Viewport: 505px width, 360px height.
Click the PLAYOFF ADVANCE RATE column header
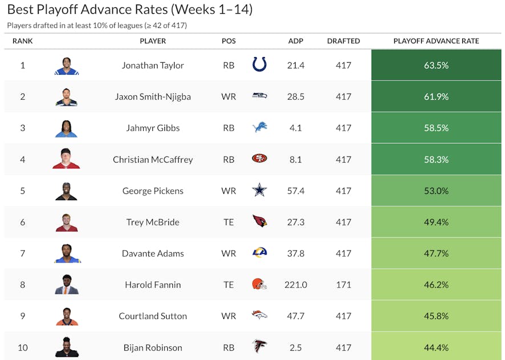click(436, 41)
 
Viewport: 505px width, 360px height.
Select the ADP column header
click(296, 41)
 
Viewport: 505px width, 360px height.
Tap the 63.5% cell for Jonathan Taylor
click(436, 65)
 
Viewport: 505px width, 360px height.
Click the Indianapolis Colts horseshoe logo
click(260, 65)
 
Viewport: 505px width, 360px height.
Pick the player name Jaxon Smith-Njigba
click(153, 96)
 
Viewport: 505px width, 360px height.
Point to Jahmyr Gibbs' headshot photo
click(67, 128)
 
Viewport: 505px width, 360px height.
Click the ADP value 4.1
click(296, 128)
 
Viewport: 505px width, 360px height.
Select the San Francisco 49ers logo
click(260, 159)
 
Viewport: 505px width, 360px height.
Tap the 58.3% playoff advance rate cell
click(436, 159)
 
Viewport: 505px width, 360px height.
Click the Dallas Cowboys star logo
click(260, 191)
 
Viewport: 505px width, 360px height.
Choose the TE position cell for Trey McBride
click(229, 222)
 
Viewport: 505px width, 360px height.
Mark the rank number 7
click(23, 253)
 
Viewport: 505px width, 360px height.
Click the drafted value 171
click(344, 285)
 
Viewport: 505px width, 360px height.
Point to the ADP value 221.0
click(296, 285)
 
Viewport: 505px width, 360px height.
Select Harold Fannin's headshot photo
click(67, 285)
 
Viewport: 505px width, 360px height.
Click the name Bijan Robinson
click(153, 347)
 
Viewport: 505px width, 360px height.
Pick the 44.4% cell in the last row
click(436, 347)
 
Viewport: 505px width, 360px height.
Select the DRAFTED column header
click(344, 41)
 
